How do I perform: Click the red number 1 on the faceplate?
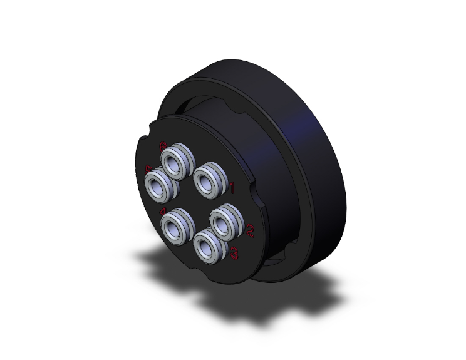[232, 187]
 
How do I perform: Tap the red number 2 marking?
[250, 231]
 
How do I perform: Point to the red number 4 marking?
[163, 210]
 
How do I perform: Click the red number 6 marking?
[163, 147]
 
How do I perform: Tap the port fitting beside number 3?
[207, 245]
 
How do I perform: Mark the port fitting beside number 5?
[158, 185]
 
